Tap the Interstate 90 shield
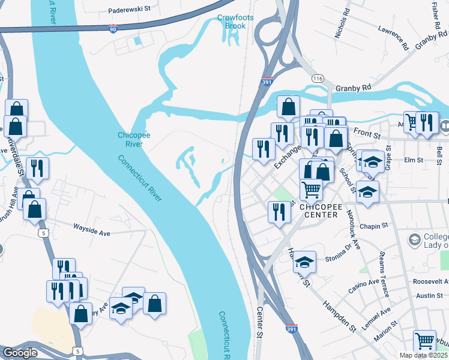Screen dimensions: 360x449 pyautogui.click(x=113, y=29)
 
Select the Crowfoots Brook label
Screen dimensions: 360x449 pyautogui.click(x=235, y=22)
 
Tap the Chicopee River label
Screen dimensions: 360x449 pyautogui.click(x=130, y=140)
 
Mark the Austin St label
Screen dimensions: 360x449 pyautogui.click(x=429, y=295)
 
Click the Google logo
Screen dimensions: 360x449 pyautogui.click(x=20, y=353)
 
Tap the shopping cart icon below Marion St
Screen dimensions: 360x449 pyautogui.click(x=424, y=341)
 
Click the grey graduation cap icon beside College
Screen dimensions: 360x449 pyautogui.click(x=414, y=240)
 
